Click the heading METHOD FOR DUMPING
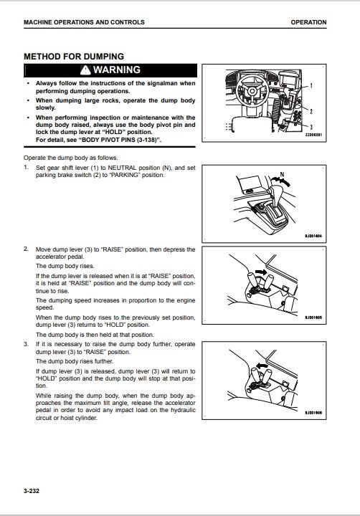click(74, 57)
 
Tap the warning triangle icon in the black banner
click(85, 70)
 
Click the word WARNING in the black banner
click(117, 70)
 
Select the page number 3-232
click(32, 491)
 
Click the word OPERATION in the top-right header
click(308, 22)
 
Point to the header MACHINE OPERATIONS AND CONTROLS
click(84, 22)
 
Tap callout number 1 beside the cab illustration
click(311, 86)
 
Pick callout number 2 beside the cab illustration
click(311, 111)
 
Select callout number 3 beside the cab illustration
click(311, 127)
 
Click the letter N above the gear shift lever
click(282, 175)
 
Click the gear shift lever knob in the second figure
click(274, 191)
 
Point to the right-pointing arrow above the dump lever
click(262, 272)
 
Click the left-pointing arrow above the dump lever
click(262, 365)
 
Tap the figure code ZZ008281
click(313, 135)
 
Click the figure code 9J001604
click(313, 236)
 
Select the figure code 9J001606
click(313, 413)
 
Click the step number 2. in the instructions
click(26, 249)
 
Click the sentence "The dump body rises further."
click(75, 361)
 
